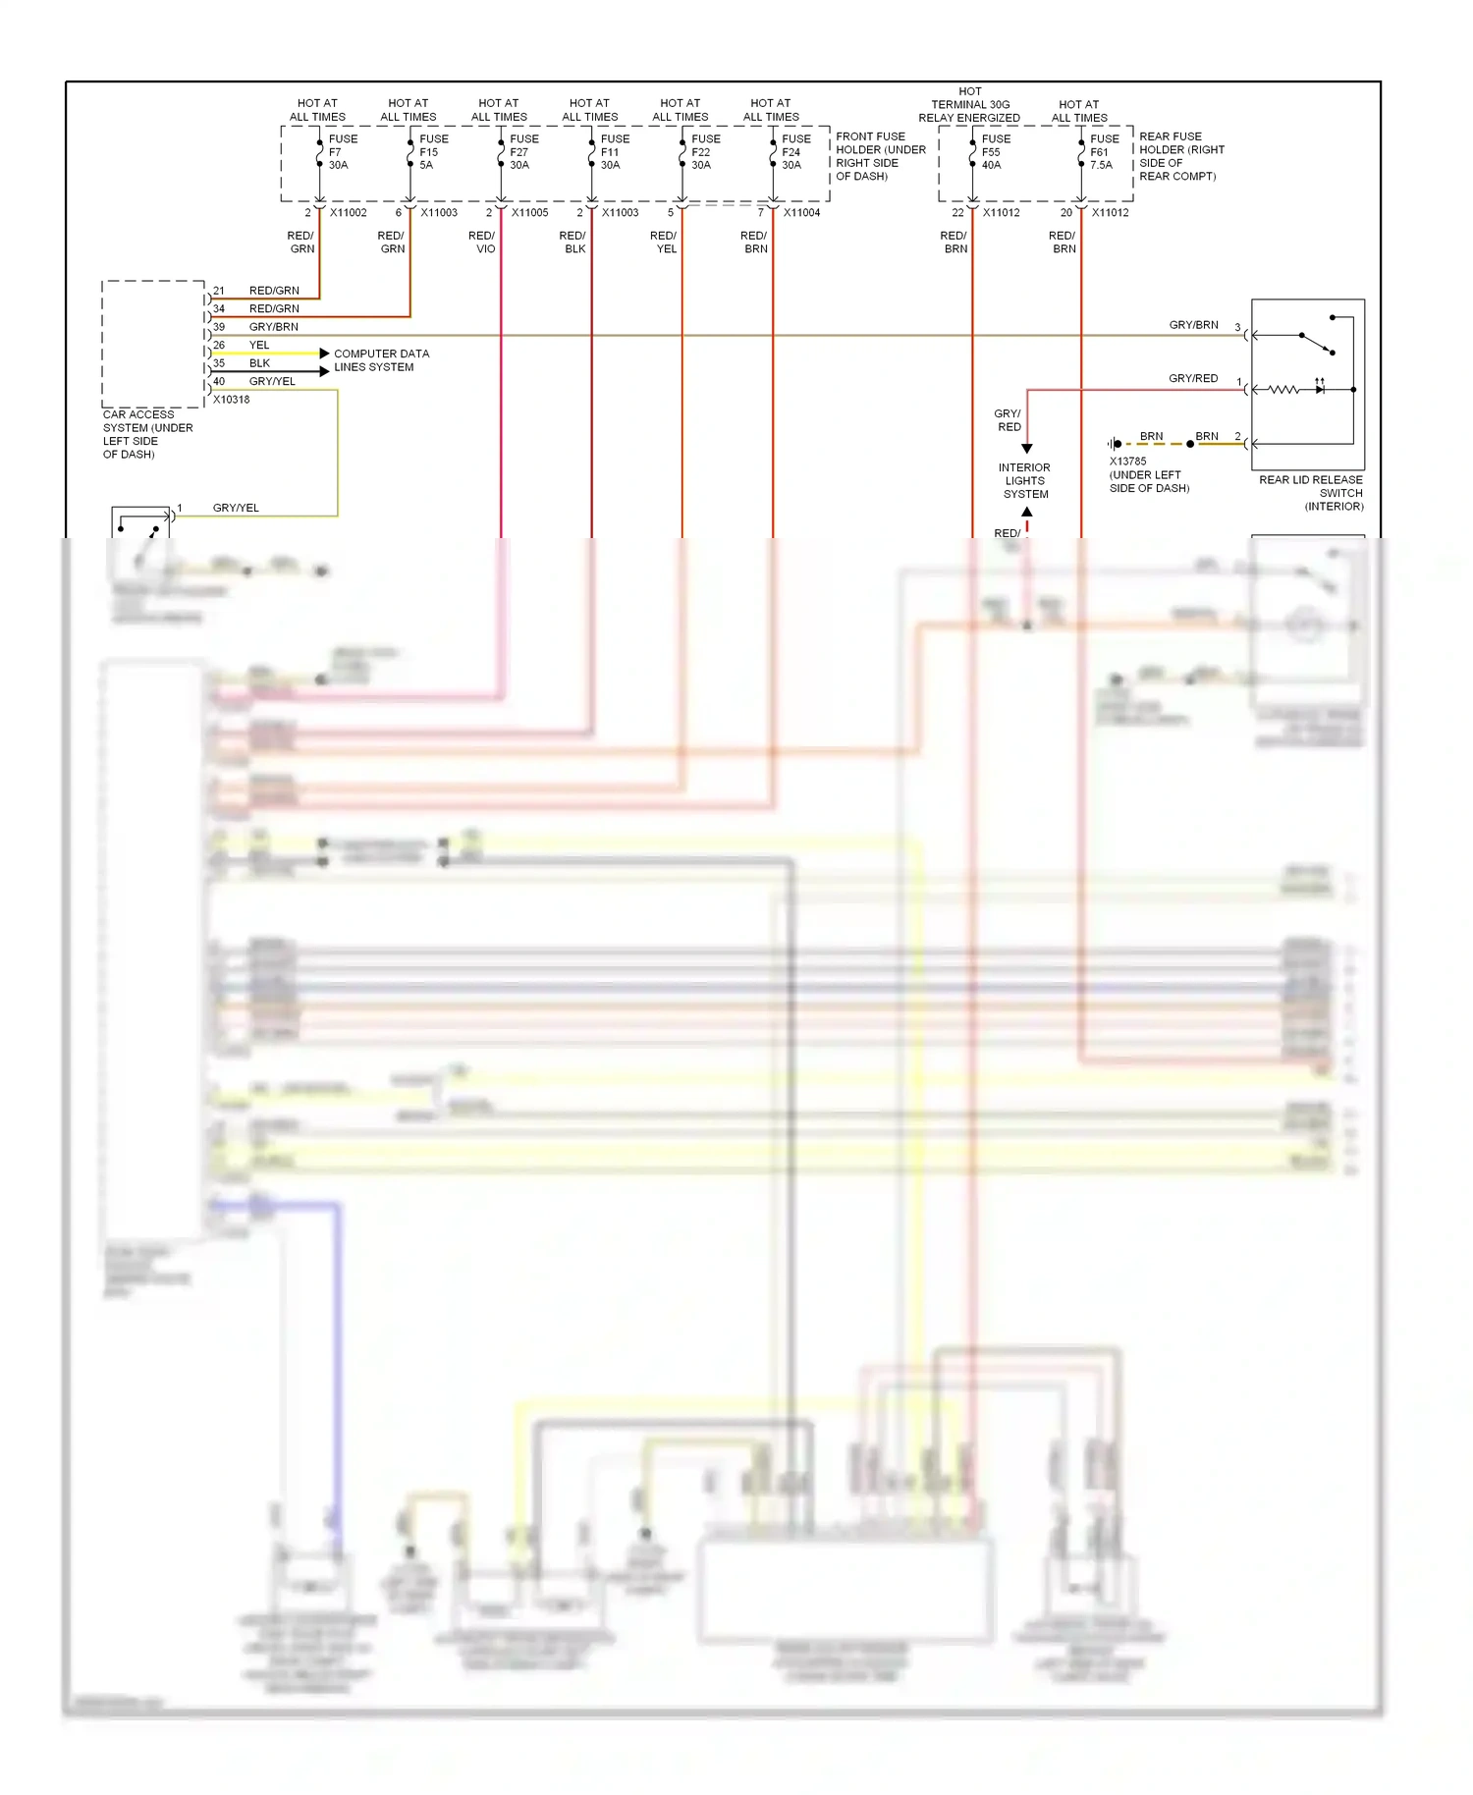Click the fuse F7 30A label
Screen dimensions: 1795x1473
[341, 152]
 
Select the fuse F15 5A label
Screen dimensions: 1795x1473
[432, 152]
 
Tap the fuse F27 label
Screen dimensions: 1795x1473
[521, 152]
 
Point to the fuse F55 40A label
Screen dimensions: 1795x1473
[994, 152]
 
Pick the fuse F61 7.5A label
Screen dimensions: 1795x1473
[1103, 152]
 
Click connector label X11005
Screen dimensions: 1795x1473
[529, 213]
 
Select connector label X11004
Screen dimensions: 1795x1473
[801, 213]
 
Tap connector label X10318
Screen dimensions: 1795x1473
[232, 400]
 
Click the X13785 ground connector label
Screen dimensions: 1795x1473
[1127, 462]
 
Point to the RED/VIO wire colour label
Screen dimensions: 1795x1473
[482, 243]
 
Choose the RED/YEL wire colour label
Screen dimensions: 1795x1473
[664, 243]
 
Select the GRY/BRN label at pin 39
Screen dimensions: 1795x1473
[273, 327]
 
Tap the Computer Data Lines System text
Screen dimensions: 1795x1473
[381, 360]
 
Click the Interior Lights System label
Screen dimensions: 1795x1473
[1025, 481]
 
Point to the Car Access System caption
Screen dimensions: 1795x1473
[147, 434]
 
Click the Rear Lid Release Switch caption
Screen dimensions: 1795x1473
[1311, 493]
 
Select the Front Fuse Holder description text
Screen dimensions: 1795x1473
[880, 156]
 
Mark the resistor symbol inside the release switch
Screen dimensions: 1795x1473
[1283, 390]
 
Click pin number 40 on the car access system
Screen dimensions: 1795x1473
[219, 382]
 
